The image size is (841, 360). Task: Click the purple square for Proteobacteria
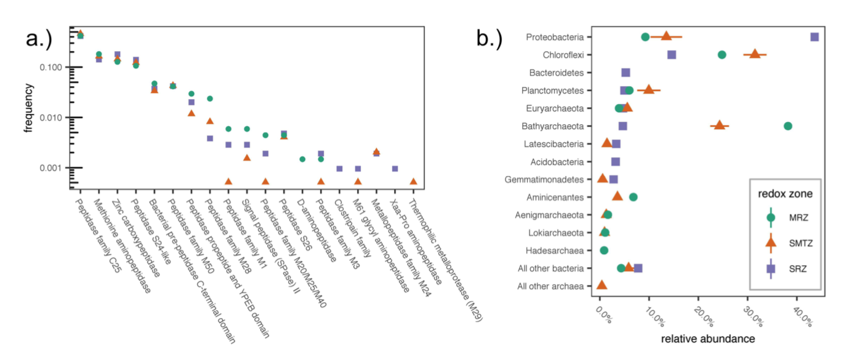tap(815, 37)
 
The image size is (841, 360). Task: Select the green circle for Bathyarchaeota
tap(787, 126)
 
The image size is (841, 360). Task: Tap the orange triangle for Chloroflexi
tap(755, 54)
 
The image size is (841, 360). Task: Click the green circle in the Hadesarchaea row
tap(604, 250)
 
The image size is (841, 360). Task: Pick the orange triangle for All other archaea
tap(602, 286)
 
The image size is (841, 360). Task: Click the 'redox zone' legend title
tap(784, 193)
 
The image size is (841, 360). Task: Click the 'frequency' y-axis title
tap(28, 108)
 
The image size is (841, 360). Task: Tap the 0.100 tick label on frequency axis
tap(54, 67)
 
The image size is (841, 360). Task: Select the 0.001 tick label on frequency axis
tap(54, 168)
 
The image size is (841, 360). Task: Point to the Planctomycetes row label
tap(556, 90)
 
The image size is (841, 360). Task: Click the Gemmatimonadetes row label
tap(544, 179)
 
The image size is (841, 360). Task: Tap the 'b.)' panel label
tap(489, 38)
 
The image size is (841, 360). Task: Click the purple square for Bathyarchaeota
tap(622, 126)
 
